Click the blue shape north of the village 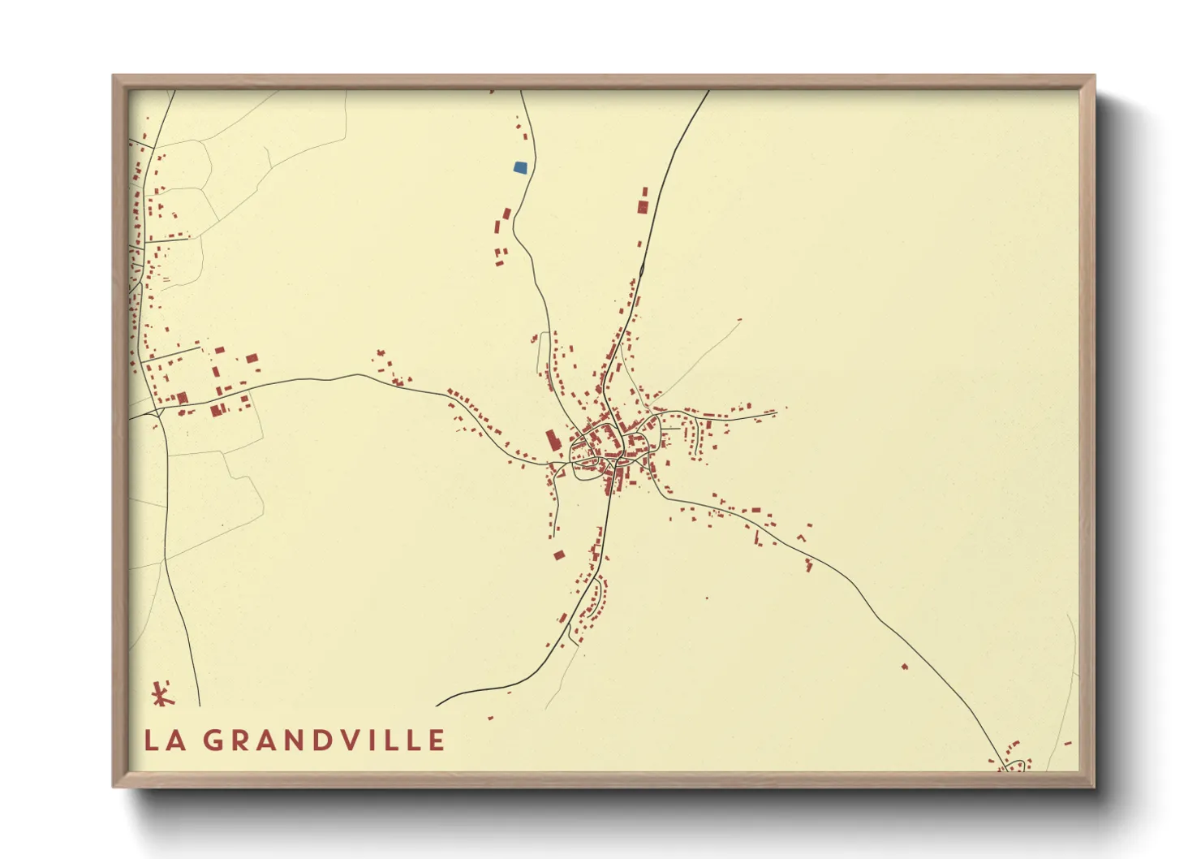[x=520, y=167]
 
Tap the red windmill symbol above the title [x=162, y=694]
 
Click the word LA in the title [x=164, y=740]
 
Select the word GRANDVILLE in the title [x=324, y=740]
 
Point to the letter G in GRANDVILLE [x=213, y=740]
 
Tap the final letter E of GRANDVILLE [x=437, y=740]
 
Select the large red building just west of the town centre [x=553, y=441]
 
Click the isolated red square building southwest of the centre [x=558, y=555]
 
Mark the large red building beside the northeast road [x=642, y=206]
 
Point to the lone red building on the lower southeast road [x=905, y=667]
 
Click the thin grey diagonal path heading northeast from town [x=698, y=357]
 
